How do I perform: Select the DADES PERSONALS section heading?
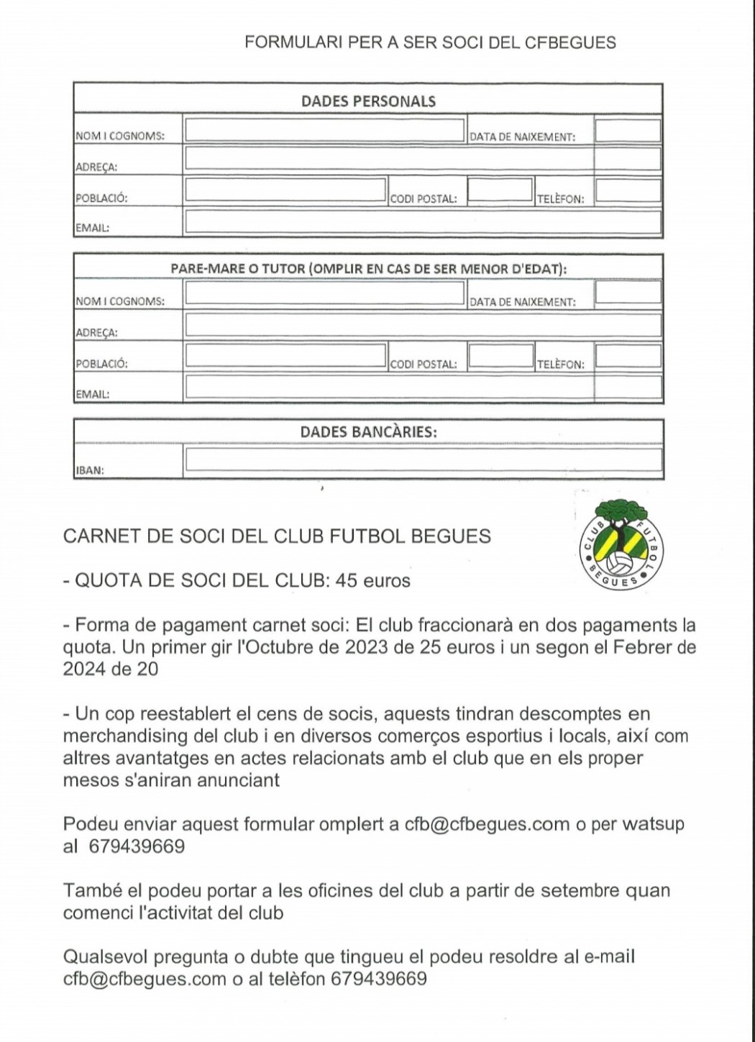(368, 101)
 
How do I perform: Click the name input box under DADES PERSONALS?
(324, 130)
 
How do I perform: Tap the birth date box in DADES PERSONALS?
(628, 131)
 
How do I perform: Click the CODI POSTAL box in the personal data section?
(500, 191)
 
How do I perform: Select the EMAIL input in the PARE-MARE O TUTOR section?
(423, 388)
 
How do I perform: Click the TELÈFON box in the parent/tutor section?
(628, 356)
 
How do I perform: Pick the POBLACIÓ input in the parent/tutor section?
(285, 355)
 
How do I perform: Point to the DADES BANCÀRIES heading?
(368, 432)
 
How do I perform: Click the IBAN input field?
(423, 460)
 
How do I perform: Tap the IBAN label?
(90, 471)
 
